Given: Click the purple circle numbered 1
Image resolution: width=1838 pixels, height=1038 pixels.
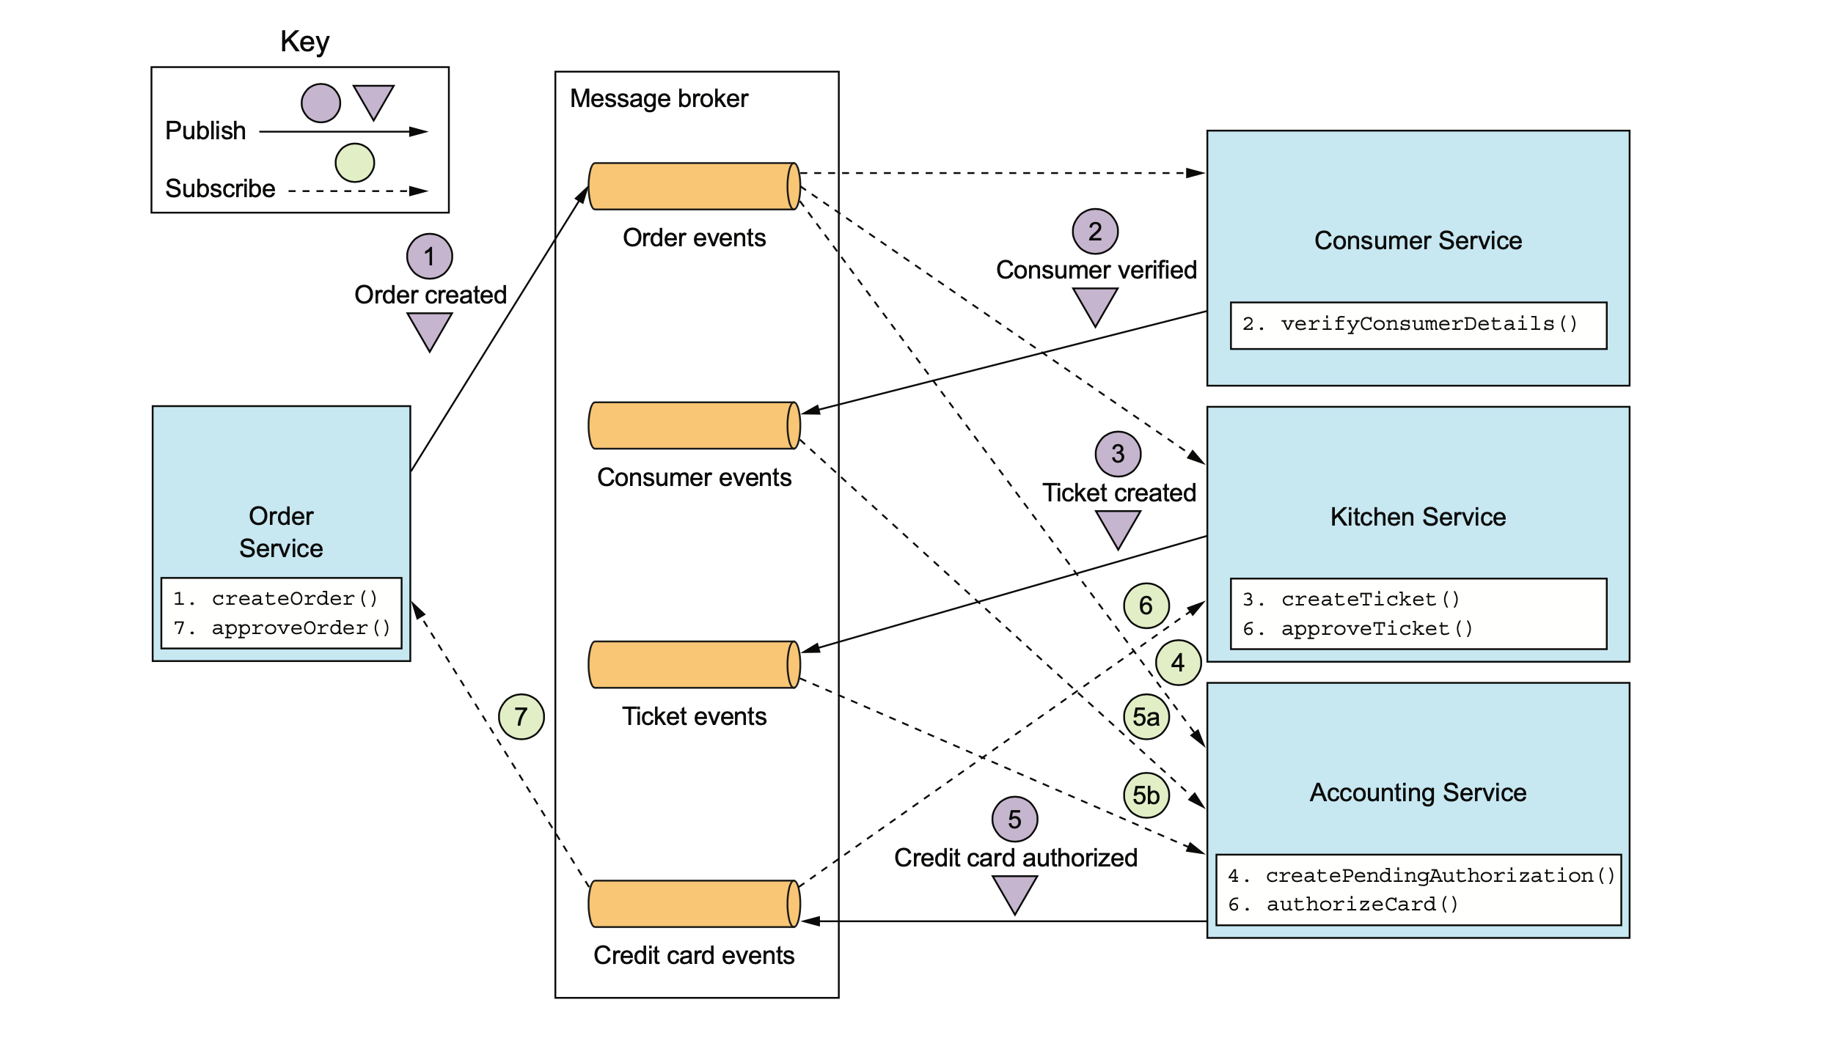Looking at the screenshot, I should pyautogui.click(x=429, y=257).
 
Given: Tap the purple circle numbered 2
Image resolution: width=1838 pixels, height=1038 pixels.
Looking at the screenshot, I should pyautogui.click(x=1094, y=232).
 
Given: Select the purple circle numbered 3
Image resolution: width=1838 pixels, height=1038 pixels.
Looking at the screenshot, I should pyautogui.click(x=1117, y=454).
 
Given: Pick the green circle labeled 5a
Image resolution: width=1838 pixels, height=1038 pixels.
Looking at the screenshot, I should pyautogui.click(x=1146, y=717).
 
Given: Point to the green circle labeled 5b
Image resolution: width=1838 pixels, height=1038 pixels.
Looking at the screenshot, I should pyautogui.click(x=1146, y=795).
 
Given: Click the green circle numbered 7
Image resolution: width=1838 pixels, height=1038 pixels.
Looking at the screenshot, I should pyautogui.click(x=521, y=717).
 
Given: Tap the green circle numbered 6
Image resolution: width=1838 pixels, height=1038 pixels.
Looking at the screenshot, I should pyautogui.click(x=1146, y=605).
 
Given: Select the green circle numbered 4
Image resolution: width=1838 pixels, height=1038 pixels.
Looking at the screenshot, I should pyautogui.click(x=1177, y=663).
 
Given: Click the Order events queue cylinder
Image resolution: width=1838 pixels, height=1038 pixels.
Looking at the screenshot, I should pyautogui.click(x=694, y=186).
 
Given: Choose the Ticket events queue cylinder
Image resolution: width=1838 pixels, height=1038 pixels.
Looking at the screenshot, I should pyautogui.click(x=694, y=665).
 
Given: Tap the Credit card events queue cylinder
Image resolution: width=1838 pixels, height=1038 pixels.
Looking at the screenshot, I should pyautogui.click(x=694, y=904).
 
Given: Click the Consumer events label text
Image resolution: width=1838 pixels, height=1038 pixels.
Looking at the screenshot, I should pyautogui.click(x=694, y=478).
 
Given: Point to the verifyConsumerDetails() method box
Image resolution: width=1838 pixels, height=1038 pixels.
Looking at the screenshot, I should pyautogui.click(x=1418, y=325).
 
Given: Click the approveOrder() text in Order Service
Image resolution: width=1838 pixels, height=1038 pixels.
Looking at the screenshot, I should pyautogui.click(x=301, y=628).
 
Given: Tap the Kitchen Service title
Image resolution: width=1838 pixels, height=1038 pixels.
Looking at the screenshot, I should pyautogui.click(x=1418, y=517).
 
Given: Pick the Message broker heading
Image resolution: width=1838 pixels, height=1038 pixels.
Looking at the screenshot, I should pyautogui.click(x=659, y=99).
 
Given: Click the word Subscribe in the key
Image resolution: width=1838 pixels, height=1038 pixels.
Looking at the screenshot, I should pyautogui.click(x=220, y=189).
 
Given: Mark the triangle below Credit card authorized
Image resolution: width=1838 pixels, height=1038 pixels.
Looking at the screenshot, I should pyautogui.click(x=1014, y=893).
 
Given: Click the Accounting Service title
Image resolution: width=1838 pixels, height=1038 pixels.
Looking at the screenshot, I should pyautogui.click(x=1418, y=793).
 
